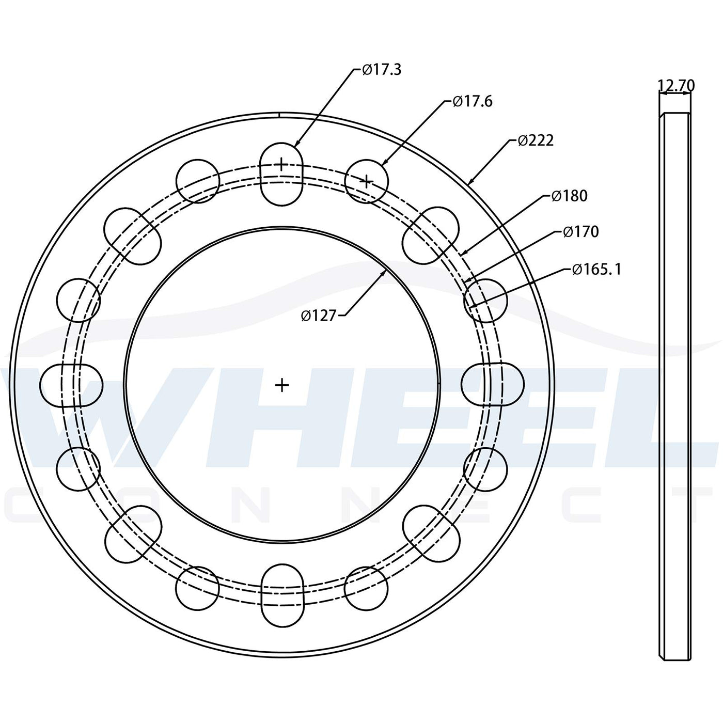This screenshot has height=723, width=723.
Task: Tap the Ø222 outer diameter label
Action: point(536,140)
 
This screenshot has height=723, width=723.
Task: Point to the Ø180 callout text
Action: point(569,196)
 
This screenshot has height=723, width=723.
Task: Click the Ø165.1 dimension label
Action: point(596,269)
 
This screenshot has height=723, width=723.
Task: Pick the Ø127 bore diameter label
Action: point(318,316)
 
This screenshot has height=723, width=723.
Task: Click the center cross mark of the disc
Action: point(282,385)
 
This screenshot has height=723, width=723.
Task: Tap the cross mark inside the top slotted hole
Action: point(281,164)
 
